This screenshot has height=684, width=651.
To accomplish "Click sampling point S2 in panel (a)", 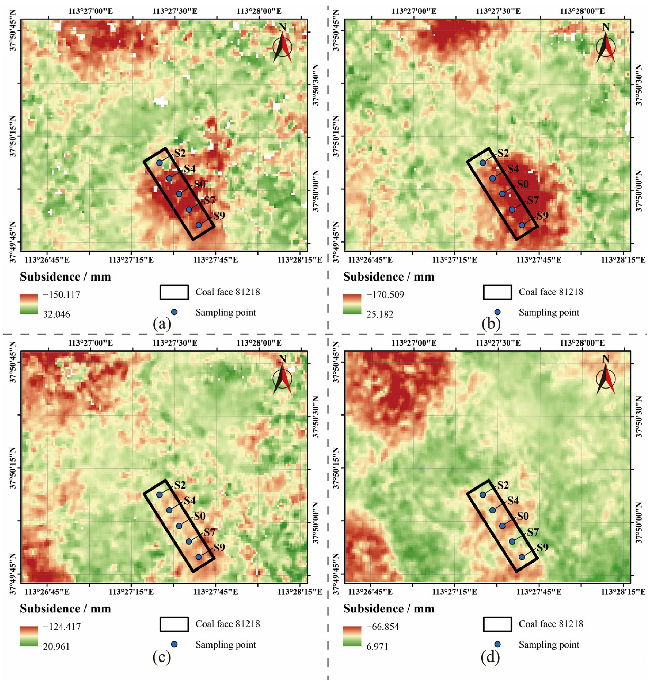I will click(159, 163).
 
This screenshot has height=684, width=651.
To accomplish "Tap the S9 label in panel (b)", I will click(542, 216).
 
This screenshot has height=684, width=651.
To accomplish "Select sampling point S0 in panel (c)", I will click(179, 526).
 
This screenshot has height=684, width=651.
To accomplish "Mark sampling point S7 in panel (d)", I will click(512, 541).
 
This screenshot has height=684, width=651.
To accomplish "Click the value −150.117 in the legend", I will click(61, 295).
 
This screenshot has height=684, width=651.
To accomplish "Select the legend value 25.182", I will click(380, 314).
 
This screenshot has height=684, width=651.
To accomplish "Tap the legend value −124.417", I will click(61, 627).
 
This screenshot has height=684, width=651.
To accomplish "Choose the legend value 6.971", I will click(377, 647).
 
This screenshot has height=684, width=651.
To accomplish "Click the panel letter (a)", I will click(162, 324).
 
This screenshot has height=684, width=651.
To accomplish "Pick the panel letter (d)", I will click(490, 657).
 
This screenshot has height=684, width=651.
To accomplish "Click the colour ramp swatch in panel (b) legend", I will click(352, 304).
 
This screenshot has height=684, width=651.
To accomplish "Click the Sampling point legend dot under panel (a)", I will click(174, 312).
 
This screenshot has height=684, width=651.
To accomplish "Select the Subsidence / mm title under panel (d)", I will click(389, 609).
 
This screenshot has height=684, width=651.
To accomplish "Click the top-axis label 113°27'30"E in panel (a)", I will click(175, 11).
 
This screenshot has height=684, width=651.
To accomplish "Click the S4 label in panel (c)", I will click(190, 501).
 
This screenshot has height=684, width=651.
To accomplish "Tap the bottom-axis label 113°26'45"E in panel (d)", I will click(370, 592).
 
